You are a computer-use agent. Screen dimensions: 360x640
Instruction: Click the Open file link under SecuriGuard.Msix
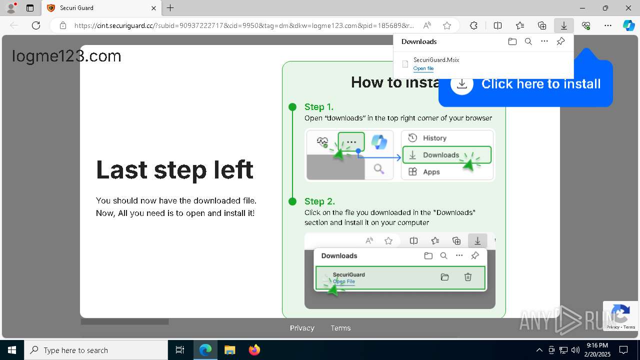coord(423,68)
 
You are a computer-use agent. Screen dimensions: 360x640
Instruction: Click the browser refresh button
coord(36,25)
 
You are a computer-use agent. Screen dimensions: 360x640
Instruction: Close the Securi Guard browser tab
coord(153,8)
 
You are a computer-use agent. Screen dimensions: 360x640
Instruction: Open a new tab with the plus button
coord(170,8)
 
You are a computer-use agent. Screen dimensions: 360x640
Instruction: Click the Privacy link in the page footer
coord(302,328)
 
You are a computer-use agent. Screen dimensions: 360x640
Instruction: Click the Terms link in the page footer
coord(340,328)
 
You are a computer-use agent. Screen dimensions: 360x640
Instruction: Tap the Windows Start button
coord(12,350)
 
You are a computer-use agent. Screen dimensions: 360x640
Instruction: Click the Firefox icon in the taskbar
coord(254,350)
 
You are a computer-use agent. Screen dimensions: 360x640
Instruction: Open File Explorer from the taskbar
coord(230,350)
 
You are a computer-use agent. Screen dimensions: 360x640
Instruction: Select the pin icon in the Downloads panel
coord(560,41)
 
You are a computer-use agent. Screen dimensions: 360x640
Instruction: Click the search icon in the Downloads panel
coord(528,41)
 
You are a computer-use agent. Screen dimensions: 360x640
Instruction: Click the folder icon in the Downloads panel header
coord(512,41)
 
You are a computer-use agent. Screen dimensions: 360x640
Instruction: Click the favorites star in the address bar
coord(447,25)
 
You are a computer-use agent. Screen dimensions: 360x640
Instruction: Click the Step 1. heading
coord(319,106)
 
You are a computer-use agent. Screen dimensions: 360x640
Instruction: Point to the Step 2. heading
coord(319,201)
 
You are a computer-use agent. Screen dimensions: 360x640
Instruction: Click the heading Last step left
coord(174,169)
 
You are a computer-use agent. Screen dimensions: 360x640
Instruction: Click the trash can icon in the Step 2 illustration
coord(468,277)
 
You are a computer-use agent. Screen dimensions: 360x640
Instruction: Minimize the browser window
coord(582,8)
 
